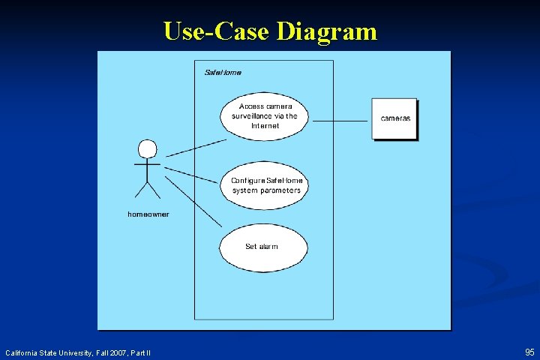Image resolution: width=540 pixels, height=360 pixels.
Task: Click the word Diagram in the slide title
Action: (x=326, y=31)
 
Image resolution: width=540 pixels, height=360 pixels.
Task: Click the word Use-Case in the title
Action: (x=217, y=31)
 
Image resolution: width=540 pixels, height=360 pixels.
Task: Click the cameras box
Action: (x=394, y=118)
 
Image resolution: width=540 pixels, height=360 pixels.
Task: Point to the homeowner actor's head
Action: (x=148, y=148)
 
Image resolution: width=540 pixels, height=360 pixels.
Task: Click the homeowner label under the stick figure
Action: (x=148, y=214)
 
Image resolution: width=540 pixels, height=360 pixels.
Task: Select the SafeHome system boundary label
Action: (x=223, y=72)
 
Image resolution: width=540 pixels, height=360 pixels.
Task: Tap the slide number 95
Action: (x=529, y=352)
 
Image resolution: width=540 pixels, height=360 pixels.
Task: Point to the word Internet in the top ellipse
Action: (x=265, y=126)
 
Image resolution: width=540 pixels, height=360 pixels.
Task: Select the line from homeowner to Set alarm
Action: (x=193, y=202)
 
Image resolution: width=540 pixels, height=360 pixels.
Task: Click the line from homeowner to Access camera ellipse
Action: (x=195, y=148)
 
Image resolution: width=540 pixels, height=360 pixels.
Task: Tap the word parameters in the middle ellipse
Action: (x=279, y=190)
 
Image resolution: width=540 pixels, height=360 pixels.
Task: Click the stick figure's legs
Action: (x=148, y=190)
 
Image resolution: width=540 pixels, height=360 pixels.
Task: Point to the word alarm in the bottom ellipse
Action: (x=268, y=246)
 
